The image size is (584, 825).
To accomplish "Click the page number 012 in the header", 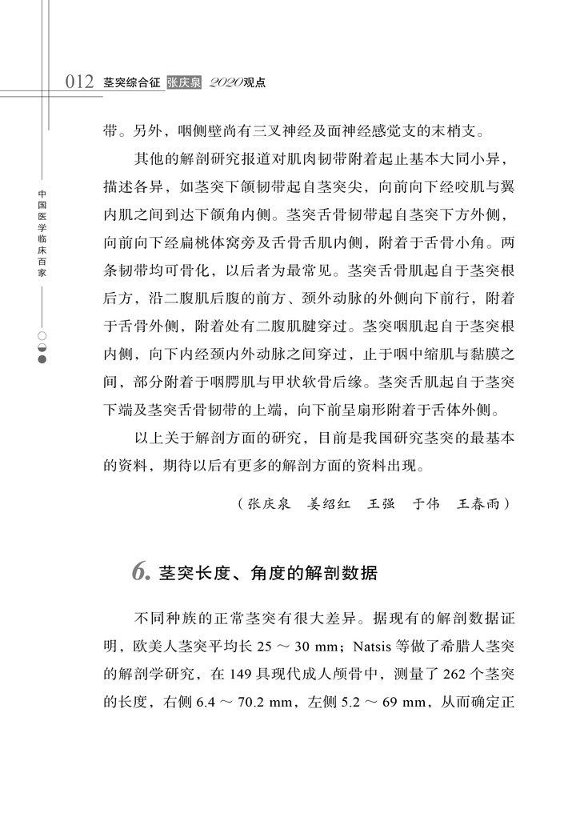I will tap(81, 82).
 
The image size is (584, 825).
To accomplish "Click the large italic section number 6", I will tap(140, 573).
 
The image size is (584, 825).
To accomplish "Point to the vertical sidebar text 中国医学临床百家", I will tap(42, 233).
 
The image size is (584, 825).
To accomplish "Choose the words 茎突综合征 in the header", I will tap(132, 82).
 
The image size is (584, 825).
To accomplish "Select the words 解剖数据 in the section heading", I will tap(347, 574).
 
